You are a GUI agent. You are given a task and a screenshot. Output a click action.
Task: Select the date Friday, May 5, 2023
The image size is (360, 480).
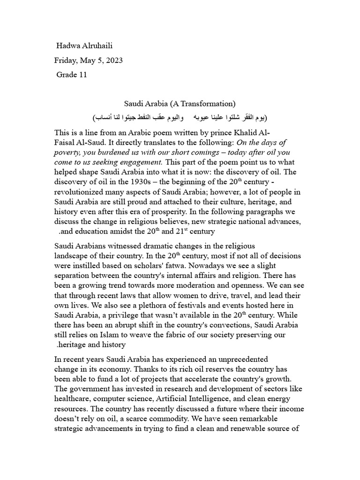coord(89,60)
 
